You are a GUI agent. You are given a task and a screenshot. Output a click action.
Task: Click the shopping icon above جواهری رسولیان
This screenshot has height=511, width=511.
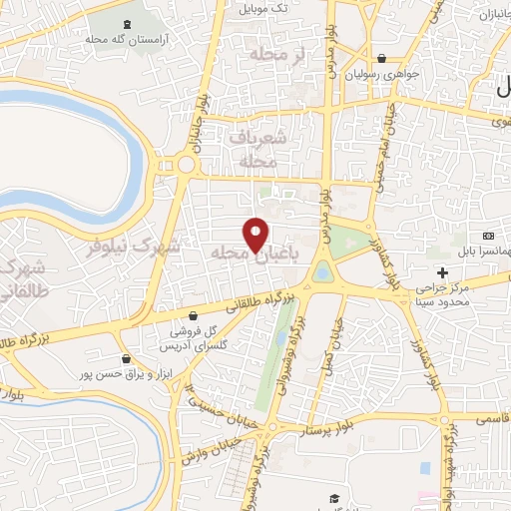[x=383, y=58]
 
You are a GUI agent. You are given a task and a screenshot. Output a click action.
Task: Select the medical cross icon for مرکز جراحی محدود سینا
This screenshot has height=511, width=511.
[x=442, y=271]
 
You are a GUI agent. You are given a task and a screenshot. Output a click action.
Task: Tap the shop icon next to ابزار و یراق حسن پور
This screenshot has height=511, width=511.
[x=125, y=358]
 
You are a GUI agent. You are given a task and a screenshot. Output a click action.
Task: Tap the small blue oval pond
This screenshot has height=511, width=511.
[x=321, y=270]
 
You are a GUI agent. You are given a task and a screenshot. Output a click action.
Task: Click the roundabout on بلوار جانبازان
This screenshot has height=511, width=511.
[x=186, y=165]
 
